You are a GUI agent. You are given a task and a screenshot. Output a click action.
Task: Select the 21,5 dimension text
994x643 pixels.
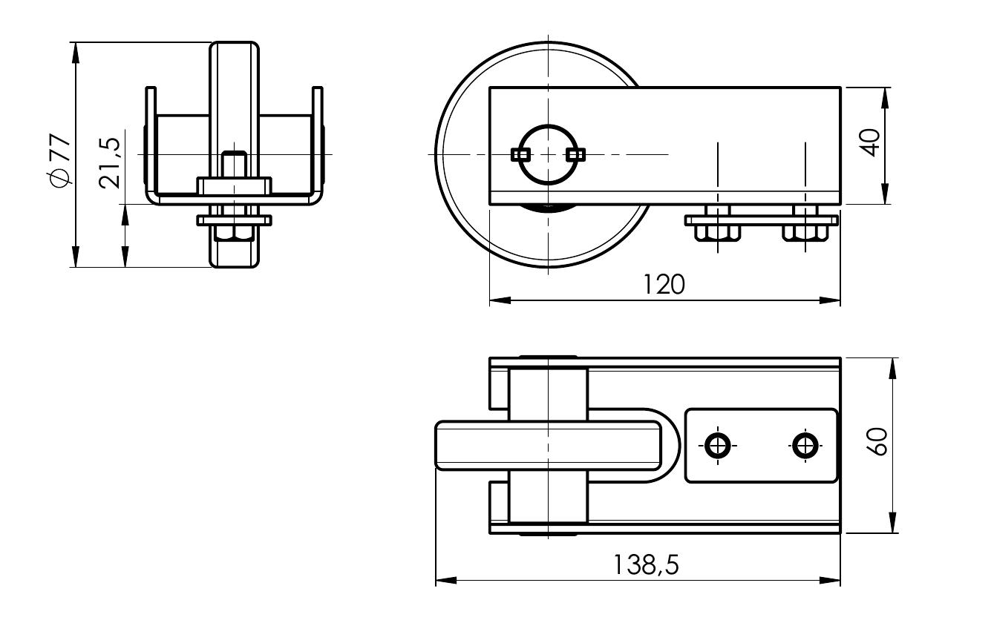(x=109, y=163)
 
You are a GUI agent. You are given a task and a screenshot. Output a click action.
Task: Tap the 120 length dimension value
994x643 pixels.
(x=664, y=285)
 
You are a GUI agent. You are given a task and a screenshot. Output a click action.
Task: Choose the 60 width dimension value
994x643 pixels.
(x=877, y=442)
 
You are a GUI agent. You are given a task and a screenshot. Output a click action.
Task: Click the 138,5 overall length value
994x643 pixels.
(x=646, y=565)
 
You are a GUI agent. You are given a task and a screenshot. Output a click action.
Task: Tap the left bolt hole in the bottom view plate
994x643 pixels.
(x=718, y=445)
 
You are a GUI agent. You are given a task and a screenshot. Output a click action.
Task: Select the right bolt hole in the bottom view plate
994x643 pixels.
(x=805, y=445)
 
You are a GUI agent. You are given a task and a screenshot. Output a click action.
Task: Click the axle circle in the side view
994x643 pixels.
(x=548, y=154)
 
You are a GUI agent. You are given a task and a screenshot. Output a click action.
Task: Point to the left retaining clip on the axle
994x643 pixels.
(x=520, y=154)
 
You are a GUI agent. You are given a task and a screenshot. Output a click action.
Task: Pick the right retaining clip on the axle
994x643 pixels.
(x=575, y=154)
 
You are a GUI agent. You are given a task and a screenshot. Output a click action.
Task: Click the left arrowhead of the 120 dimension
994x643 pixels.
(x=500, y=300)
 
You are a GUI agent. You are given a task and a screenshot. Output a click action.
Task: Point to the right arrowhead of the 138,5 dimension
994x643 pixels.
(x=830, y=580)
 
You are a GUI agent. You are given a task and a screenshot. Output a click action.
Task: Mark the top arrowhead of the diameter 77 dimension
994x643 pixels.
(x=76, y=53)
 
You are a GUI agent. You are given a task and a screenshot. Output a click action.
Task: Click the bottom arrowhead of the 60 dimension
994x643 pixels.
(x=892, y=522)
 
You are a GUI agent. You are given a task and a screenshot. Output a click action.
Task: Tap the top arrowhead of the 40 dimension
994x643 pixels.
(x=886, y=98)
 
